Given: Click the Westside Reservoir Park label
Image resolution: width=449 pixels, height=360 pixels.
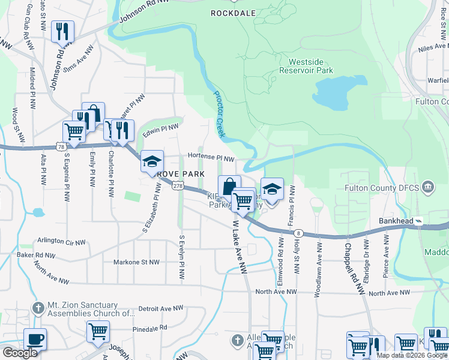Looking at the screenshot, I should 310,65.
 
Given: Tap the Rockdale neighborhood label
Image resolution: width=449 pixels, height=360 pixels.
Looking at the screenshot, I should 234,12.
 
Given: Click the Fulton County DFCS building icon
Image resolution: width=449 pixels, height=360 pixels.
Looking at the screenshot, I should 428,187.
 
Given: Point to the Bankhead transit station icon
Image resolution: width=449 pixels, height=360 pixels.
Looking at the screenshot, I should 419,221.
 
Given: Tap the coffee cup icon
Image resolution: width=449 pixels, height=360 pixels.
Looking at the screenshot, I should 35,339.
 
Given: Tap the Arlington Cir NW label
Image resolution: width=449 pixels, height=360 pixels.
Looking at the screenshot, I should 58,241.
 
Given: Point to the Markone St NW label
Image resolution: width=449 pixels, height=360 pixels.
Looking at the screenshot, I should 137,262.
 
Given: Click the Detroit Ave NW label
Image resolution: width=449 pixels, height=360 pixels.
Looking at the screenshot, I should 160,308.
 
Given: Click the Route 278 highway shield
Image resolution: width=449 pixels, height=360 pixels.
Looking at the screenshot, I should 177,187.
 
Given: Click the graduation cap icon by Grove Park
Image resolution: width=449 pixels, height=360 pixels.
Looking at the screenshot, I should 152,161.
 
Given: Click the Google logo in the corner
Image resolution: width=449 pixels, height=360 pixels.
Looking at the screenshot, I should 20,353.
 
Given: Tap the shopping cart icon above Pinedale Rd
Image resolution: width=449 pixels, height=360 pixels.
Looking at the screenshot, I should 98,331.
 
